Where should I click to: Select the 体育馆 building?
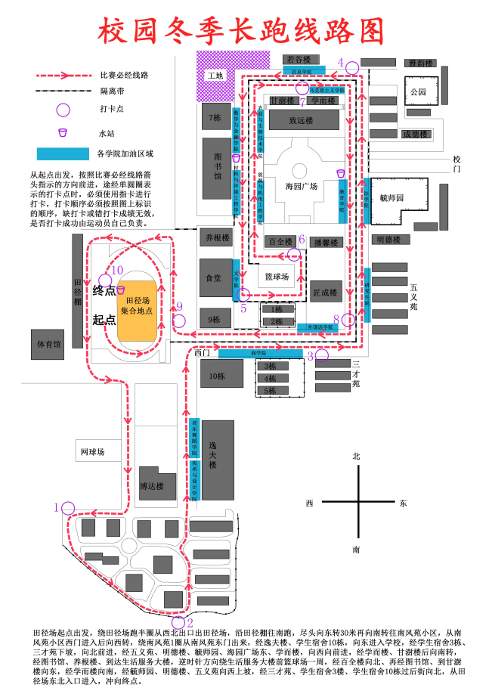(x=50, y=344)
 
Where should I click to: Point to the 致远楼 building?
(x=301, y=119)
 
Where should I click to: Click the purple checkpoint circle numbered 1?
(x=69, y=508)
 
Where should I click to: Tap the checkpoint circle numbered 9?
(x=179, y=319)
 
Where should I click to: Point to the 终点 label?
(x=104, y=290)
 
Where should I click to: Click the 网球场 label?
(x=92, y=452)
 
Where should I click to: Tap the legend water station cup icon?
(x=63, y=133)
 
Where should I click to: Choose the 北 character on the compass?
(x=356, y=456)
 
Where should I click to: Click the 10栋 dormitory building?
(x=218, y=375)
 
